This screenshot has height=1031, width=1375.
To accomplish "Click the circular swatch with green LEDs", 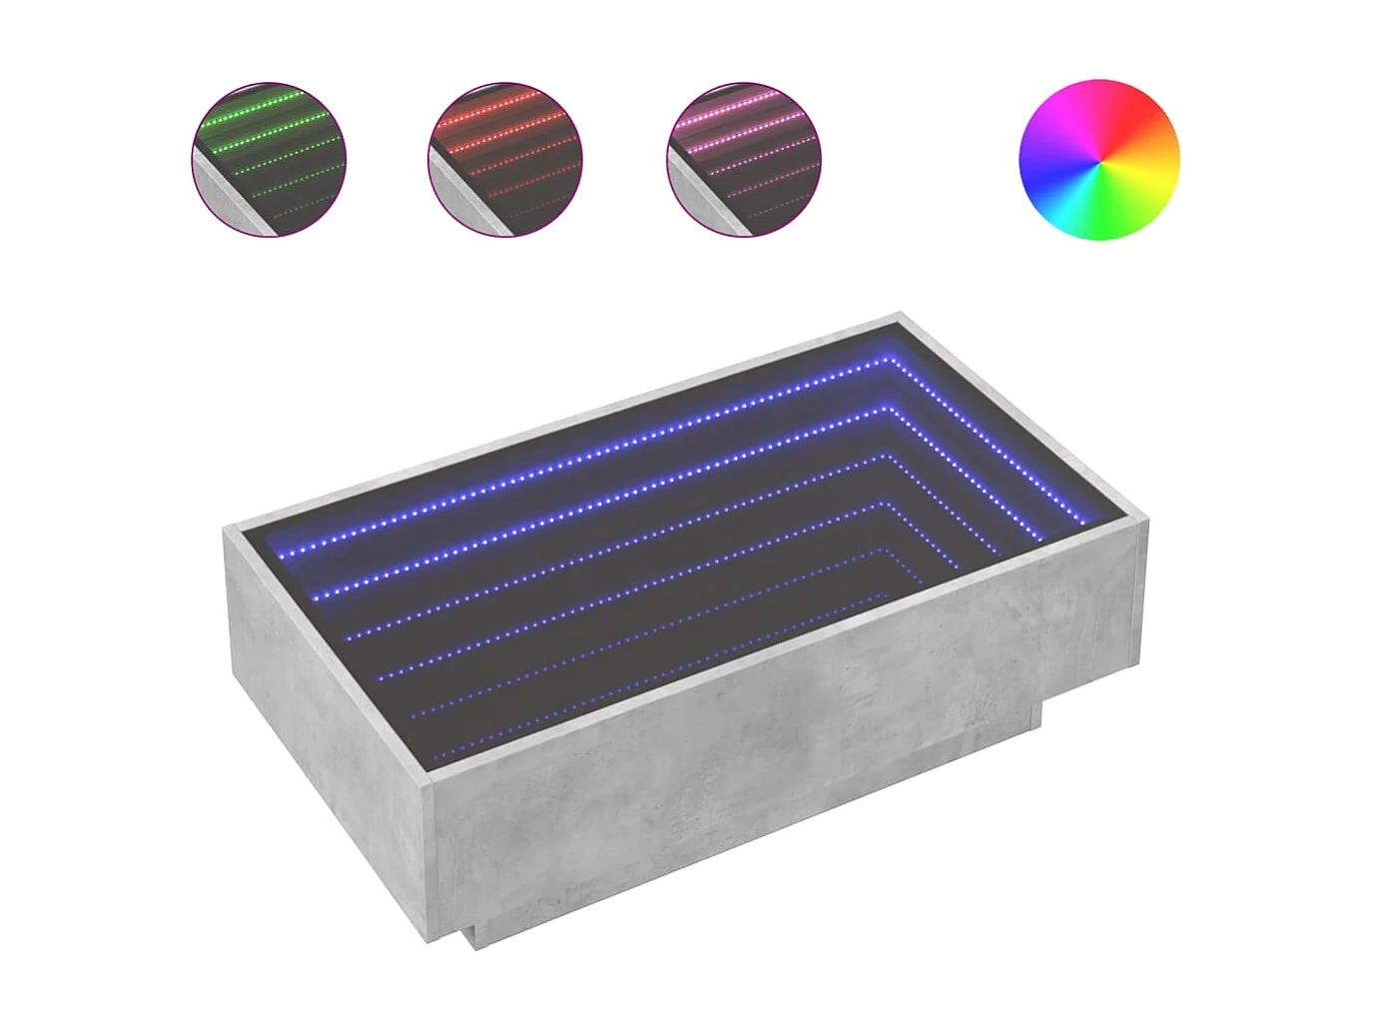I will [x=269, y=160].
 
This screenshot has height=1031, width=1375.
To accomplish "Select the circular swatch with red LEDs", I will [x=505, y=160].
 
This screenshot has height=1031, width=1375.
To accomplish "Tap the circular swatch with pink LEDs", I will [x=744, y=160].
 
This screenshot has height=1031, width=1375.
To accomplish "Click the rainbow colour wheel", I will [x=1098, y=160].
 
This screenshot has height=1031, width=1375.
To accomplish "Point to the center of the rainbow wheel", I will [x=1098, y=160].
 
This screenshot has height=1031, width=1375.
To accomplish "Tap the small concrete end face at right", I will [x=1141, y=599].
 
